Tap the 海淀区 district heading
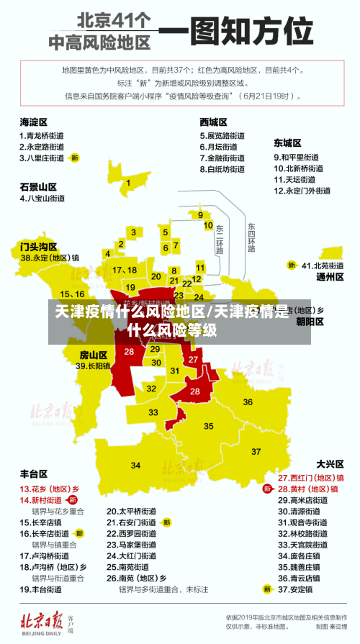[33, 122]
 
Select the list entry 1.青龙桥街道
[41, 135]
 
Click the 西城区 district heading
[213, 122]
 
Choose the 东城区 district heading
[287, 143]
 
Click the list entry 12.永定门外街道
[302, 191]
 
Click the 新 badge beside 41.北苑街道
[292, 266]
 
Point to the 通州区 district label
[330, 277]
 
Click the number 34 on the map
[136, 466]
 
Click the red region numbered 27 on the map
[193, 359]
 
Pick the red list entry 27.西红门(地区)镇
[311, 477]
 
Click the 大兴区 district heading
[330, 463]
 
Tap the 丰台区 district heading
[33, 474]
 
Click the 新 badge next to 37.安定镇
[268, 589]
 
